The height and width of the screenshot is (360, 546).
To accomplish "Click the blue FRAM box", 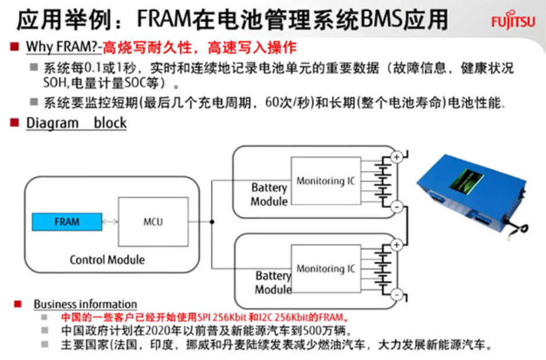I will [67, 222].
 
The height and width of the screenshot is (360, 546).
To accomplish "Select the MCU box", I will [153, 222].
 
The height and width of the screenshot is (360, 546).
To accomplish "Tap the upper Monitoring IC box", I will [326, 181].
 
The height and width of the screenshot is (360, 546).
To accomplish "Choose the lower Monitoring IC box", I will [326, 269].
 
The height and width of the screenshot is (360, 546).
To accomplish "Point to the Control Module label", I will [107, 259].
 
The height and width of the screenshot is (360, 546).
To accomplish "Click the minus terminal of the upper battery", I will [397, 206].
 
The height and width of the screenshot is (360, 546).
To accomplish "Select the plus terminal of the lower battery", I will [397, 245].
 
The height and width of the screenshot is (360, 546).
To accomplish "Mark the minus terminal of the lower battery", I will [397, 295].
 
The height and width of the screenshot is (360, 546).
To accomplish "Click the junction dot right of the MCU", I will [211, 222].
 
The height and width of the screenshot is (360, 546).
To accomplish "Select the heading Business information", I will [85, 304].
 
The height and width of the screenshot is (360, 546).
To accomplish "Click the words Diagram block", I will [76, 123].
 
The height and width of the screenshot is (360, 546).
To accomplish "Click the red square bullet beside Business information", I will [18, 304].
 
